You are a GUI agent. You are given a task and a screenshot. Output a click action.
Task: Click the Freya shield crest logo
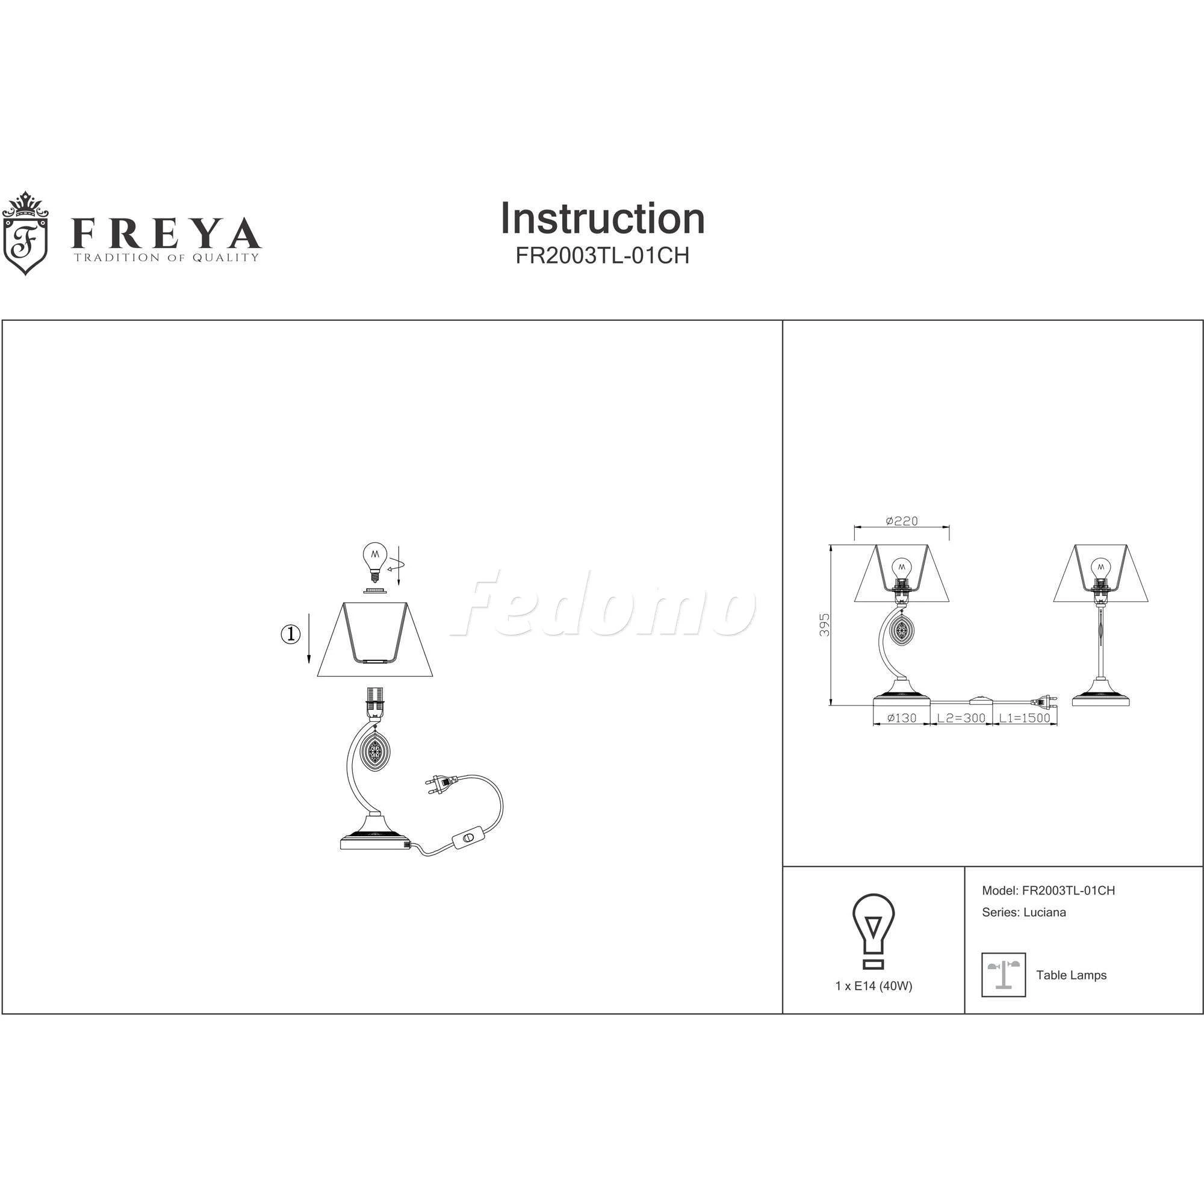(x=26, y=233)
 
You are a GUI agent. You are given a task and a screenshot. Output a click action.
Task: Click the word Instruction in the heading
(x=603, y=218)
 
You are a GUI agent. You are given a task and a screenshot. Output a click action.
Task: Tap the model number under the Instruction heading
(x=603, y=255)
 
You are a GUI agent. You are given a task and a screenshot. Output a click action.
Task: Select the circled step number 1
(x=290, y=635)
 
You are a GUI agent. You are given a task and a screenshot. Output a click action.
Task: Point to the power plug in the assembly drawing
(x=440, y=785)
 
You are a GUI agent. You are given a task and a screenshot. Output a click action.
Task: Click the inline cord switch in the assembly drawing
(x=471, y=837)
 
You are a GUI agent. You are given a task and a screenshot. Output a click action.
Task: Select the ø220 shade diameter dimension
(x=902, y=521)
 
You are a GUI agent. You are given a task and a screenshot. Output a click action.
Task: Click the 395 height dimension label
(x=825, y=624)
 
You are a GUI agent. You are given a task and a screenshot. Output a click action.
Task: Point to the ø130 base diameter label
(x=901, y=718)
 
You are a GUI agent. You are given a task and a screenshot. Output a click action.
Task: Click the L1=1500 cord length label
(x=1025, y=718)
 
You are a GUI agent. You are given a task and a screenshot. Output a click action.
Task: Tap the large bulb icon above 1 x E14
(x=874, y=932)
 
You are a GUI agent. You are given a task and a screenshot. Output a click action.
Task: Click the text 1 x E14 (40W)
(x=874, y=987)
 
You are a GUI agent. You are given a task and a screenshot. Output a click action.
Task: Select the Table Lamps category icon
(x=1004, y=975)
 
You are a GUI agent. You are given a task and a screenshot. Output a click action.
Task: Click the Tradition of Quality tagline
(x=166, y=258)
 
